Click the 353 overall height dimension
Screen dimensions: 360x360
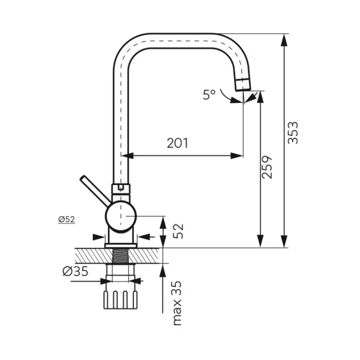pyautogui.click(x=293, y=133)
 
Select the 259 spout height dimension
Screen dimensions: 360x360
pyautogui.click(x=267, y=167)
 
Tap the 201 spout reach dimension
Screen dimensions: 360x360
pyautogui.click(x=178, y=143)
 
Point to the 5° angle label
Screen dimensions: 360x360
pyautogui.click(x=209, y=94)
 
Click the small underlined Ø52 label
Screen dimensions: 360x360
pyautogui.click(x=66, y=219)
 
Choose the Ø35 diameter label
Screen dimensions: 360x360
pyautogui.click(x=75, y=271)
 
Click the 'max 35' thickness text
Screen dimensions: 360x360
pyautogui.click(x=177, y=303)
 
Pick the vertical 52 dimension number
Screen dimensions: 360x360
pyautogui.click(x=178, y=231)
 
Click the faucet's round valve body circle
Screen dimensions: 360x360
pyautogui.click(x=121, y=216)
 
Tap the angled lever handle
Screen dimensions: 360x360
pyautogui.click(x=95, y=190)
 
